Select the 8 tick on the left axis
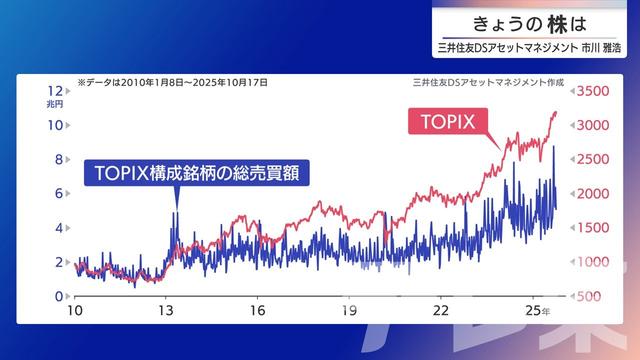tap(59, 159)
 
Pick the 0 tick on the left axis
tap(59, 296)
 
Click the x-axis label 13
tap(166, 311)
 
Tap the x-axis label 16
tap(257, 311)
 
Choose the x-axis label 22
tap(440, 311)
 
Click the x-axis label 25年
tap(537, 311)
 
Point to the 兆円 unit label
tap(54, 104)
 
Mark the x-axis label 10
tap(75, 311)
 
